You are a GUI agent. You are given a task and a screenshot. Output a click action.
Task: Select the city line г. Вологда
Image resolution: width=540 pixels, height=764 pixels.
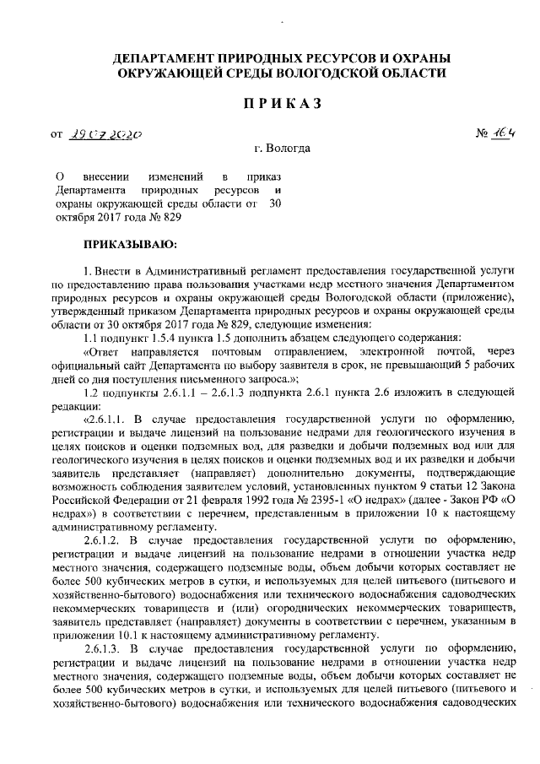[282, 149]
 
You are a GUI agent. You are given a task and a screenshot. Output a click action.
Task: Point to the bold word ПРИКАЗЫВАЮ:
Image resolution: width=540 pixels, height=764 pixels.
[124, 244]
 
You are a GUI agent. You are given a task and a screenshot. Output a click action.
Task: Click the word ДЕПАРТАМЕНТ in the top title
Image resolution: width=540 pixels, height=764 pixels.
[165, 58]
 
